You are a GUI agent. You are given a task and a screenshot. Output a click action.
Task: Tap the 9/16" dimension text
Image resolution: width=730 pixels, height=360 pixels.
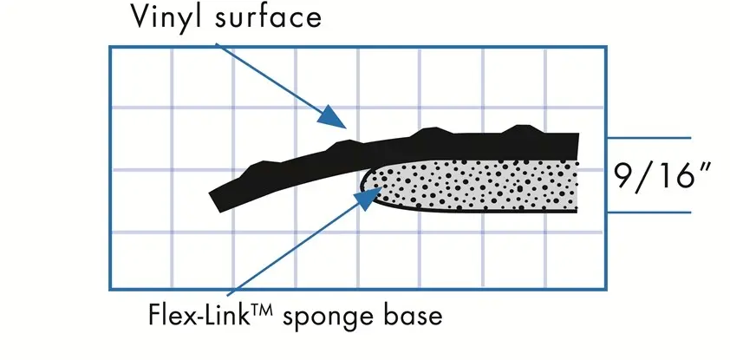[662, 176]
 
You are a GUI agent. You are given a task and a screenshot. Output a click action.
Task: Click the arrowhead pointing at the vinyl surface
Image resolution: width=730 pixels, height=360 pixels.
[333, 116]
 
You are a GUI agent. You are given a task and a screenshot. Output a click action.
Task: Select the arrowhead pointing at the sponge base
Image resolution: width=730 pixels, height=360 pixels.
[368, 197]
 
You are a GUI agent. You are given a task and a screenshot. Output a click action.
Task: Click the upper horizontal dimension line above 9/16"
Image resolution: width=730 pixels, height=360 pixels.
[649, 138]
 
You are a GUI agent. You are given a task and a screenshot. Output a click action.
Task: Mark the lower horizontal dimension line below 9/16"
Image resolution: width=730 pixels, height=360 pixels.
[649, 213]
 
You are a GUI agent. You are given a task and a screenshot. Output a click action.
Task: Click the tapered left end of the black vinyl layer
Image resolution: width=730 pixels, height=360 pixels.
[216, 201]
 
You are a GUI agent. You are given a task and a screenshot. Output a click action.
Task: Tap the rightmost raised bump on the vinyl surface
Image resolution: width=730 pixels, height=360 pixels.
[522, 129]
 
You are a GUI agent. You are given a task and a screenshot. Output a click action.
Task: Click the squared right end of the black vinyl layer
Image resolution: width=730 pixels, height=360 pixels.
[576, 146]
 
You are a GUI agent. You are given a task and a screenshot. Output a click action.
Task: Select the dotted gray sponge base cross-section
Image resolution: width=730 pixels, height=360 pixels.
[470, 187]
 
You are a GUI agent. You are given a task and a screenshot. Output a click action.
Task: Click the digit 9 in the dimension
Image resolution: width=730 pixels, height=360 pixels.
[624, 176]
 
